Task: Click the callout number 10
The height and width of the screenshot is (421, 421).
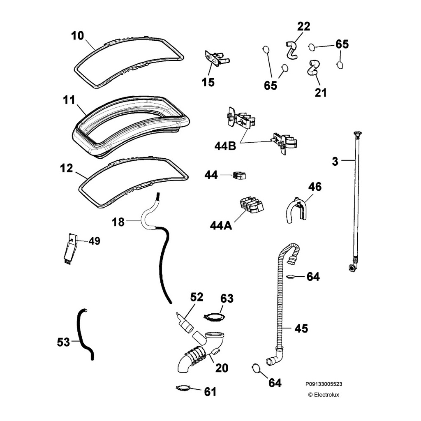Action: point(77,36)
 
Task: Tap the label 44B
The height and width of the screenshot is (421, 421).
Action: point(225,146)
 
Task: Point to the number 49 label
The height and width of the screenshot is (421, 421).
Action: point(94,241)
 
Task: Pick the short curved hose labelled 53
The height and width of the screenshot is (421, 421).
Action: point(84,333)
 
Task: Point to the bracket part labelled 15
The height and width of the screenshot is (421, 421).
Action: point(216,58)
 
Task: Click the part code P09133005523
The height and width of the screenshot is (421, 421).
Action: point(324,384)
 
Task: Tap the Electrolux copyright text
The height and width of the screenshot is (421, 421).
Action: point(324,395)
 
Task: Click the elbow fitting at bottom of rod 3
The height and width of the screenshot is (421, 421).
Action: point(353,268)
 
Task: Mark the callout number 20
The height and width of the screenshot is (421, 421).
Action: point(222,368)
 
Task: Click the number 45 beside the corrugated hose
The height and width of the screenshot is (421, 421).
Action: point(301,328)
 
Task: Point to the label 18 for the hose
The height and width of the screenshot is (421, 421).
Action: point(118,222)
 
